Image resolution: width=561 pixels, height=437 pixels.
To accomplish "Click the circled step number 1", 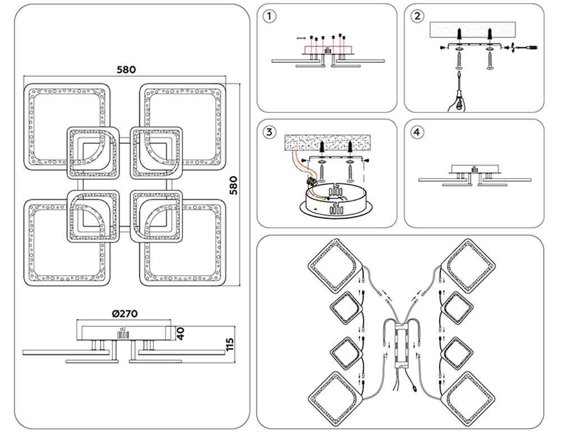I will [271, 16].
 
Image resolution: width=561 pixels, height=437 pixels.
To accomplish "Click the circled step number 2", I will [416, 16].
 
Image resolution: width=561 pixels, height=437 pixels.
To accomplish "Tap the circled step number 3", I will [271, 133].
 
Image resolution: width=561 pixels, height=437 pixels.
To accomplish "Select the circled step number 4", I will [416, 133].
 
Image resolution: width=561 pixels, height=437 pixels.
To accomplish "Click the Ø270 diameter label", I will [126, 313].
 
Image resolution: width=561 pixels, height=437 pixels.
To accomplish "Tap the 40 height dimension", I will [180, 334].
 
